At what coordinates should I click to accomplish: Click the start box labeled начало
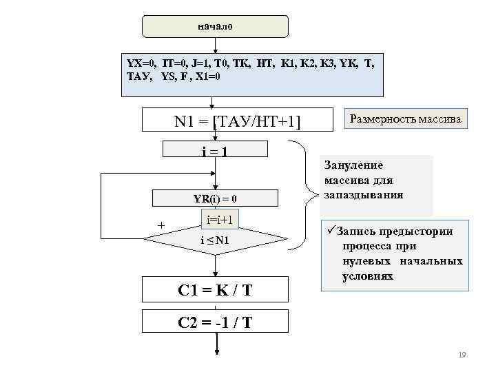(215, 26)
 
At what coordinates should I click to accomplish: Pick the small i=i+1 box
(220, 219)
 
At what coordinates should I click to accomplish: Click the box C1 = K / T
(215, 290)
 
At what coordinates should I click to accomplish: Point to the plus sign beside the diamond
(161, 225)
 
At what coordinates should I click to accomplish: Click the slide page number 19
(462, 354)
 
